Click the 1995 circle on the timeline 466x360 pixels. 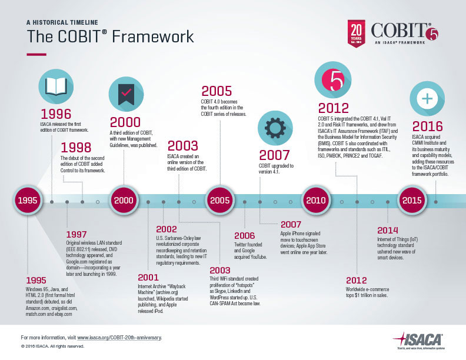pyautogui.click(x=28, y=201)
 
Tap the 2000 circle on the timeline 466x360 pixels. pyautogui.click(x=124, y=201)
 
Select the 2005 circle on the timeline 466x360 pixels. pyautogui.click(x=219, y=201)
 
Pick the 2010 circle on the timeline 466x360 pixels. pyautogui.click(x=316, y=201)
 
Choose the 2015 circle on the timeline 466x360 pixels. pyautogui.click(x=412, y=201)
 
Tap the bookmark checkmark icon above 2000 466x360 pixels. pyautogui.click(x=125, y=95)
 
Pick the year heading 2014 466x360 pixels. pyautogui.click(x=388, y=230)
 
